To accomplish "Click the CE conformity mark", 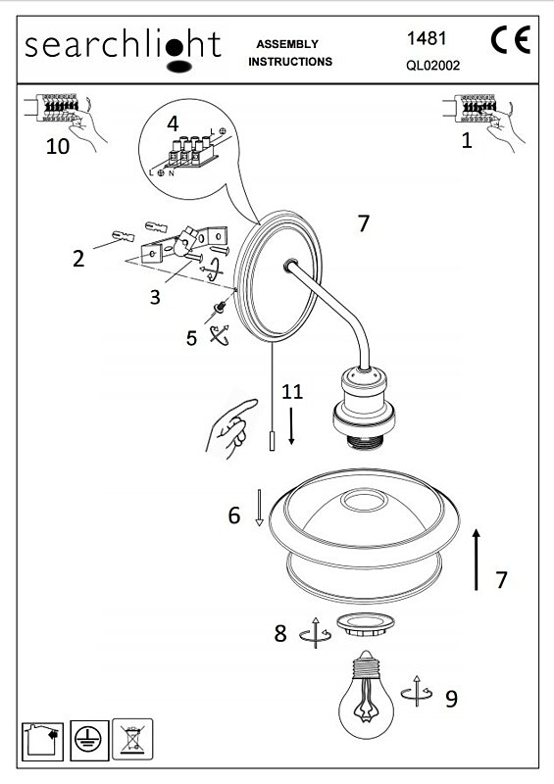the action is click(x=510, y=40).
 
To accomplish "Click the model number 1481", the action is click(x=427, y=38).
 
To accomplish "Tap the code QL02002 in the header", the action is click(x=432, y=66).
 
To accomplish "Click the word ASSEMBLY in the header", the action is click(x=287, y=44).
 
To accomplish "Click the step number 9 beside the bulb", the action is click(x=451, y=699).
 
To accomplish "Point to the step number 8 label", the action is click(x=280, y=633).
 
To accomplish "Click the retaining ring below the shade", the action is click(x=366, y=624).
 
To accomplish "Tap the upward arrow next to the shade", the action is click(x=477, y=560).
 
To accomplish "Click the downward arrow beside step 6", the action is click(x=259, y=508).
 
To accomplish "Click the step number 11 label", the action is click(x=292, y=391).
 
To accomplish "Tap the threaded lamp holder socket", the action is click(x=364, y=408).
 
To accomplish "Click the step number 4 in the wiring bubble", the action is click(x=173, y=123).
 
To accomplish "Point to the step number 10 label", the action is click(x=58, y=146).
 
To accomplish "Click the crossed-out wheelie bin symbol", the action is click(x=132, y=739).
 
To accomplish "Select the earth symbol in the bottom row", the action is click(x=89, y=740).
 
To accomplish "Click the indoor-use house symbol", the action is click(x=43, y=742).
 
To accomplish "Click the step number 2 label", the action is click(x=78, y=259).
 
